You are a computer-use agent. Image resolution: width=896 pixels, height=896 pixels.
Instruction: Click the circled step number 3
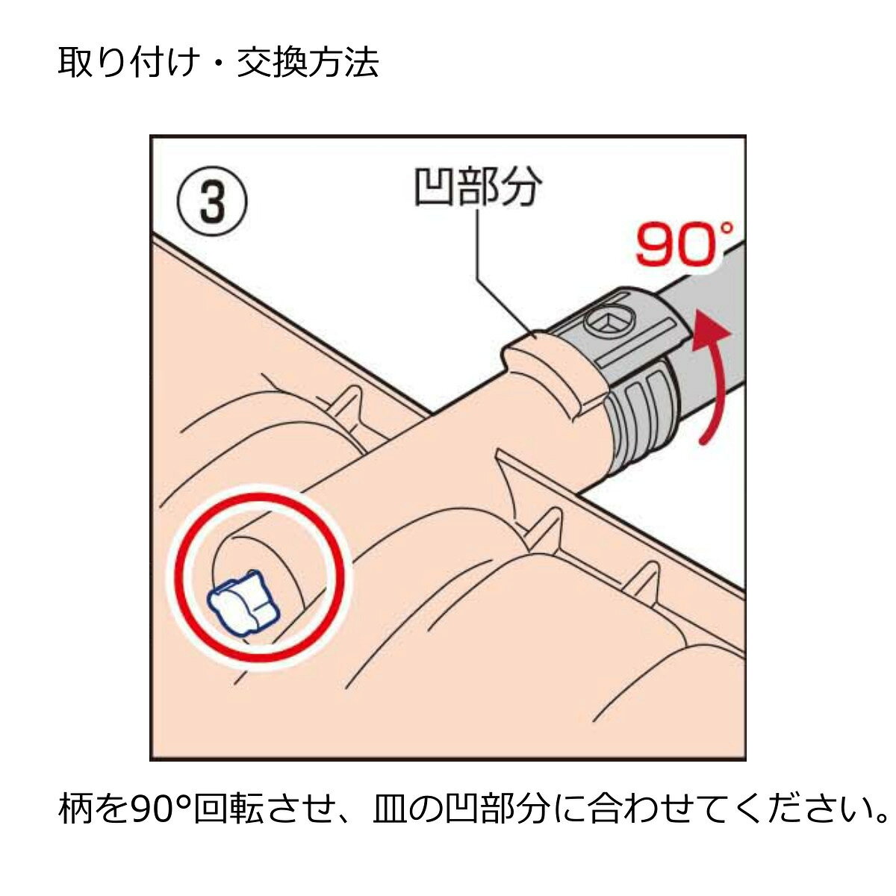tap(213, 202)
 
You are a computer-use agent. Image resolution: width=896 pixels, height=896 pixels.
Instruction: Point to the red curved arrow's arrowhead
tap(710, 332)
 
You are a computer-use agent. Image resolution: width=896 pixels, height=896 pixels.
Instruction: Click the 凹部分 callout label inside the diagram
tap(478, 188)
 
